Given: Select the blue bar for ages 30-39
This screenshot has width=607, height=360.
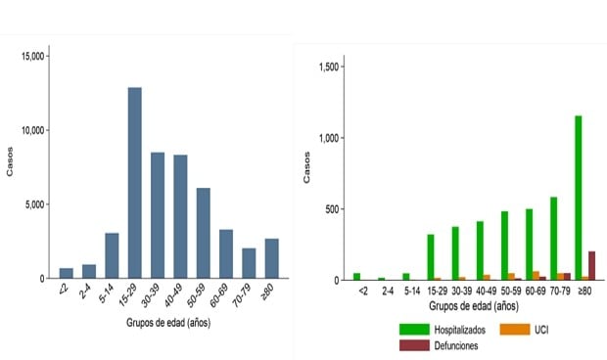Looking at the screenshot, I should point(158,215).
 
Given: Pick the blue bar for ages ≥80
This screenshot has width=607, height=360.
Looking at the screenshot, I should point(271,258).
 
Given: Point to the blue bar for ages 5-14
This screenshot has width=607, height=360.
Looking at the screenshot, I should point(113,255).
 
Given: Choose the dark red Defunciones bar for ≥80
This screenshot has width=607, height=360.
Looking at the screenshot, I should point(590,265).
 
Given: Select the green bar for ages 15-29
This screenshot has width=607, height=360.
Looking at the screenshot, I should point(431,256).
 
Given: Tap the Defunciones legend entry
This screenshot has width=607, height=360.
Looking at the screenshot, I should point(442,345).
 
